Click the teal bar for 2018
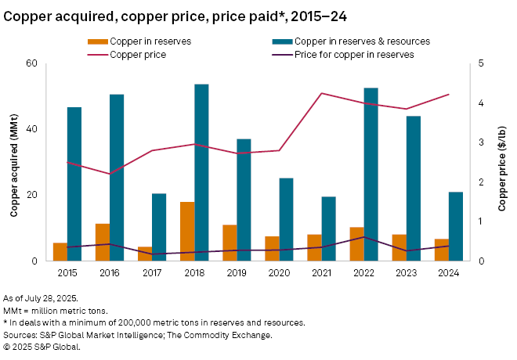coord(201,172)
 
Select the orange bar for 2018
coord(187,232)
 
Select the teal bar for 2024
coord(456,226)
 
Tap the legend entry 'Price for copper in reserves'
coord(353,54)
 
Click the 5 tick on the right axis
coord(480,63)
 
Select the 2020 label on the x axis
coord(279,273)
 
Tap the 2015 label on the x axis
coord(67,273)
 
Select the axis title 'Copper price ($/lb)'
coord(502,162)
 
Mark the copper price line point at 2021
coord(322,93)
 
